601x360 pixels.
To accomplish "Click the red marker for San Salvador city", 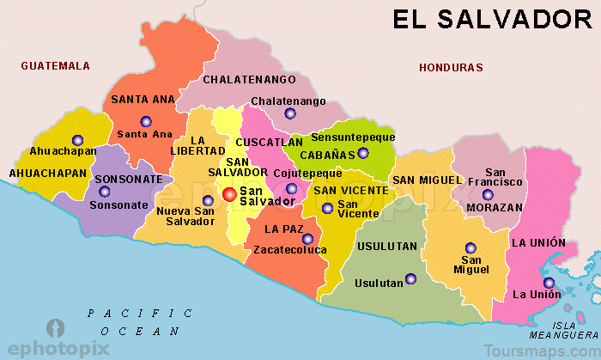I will click(x=229, y=195).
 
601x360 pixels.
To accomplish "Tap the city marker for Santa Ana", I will click(x=146, y=121).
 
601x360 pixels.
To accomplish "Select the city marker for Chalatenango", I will click(x=290, y=113).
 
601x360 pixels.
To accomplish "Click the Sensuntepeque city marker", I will click(x=363, y=153).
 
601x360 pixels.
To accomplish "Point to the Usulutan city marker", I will click(x=410, y=278).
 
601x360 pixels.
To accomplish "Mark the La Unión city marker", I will click(x=549, y=284).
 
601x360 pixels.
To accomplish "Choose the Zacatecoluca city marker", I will click(x=307, y=238).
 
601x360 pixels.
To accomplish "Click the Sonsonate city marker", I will click(x=104, y=192).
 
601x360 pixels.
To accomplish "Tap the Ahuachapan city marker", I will click(x=78, y=139).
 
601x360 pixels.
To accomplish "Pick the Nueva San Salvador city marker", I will click(x=208, y=200).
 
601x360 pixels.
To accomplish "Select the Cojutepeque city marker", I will click(x=292, y=188).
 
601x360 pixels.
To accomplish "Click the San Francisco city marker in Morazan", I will click(x=512, y=195).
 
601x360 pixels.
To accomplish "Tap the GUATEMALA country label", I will click(x=56, y=65).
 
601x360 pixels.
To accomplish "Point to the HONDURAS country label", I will click(x=451, y=67).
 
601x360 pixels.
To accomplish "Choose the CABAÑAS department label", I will click(x=327, y=155).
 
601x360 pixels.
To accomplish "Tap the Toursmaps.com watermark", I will click(x=541, y=351).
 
